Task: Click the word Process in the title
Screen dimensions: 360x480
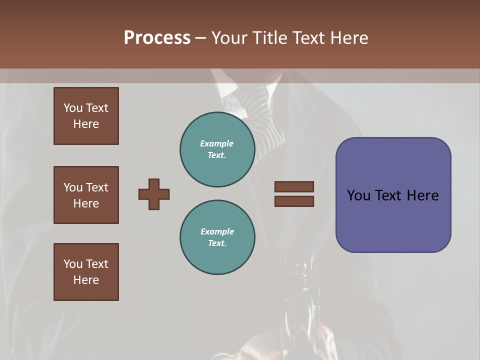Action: coord(157,38)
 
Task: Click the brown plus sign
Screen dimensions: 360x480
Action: coord(154,194)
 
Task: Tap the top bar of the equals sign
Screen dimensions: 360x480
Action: coord(294,186)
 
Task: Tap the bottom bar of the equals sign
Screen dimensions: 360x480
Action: coord(294,201)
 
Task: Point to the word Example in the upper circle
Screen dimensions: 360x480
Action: coord(216,143)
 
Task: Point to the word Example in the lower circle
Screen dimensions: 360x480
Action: coord(217,231)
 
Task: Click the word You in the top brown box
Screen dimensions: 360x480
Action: coord(73,108)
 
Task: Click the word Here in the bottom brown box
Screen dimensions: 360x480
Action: coord(86,280)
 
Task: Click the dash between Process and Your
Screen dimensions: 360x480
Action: coord(200,38)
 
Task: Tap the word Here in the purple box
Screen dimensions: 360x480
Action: coord(422,195)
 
